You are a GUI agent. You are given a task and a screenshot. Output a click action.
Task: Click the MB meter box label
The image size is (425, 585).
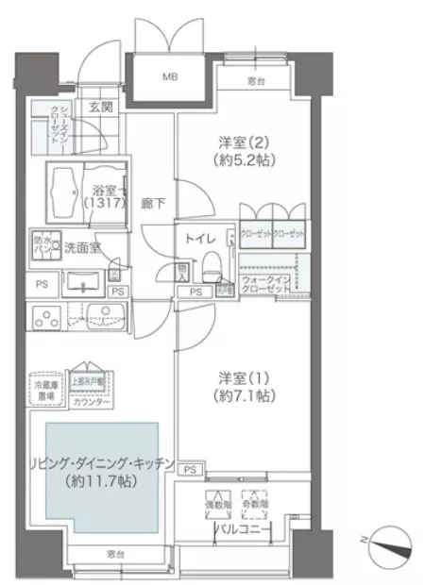click(171, 75)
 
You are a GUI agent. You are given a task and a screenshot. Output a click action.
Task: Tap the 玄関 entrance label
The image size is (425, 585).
click(101, 108)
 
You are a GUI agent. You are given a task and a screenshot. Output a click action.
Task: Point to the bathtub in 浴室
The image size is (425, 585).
click(69, 187)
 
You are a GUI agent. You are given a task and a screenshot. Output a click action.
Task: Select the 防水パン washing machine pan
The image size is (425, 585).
click(43, 244)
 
